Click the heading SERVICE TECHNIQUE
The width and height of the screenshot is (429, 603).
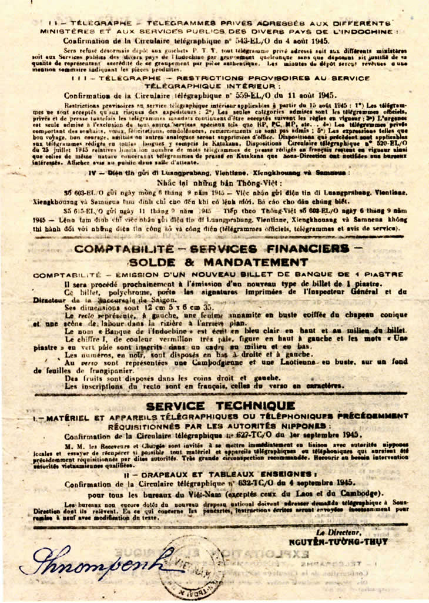pyautogui.click(x=220, y=406)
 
